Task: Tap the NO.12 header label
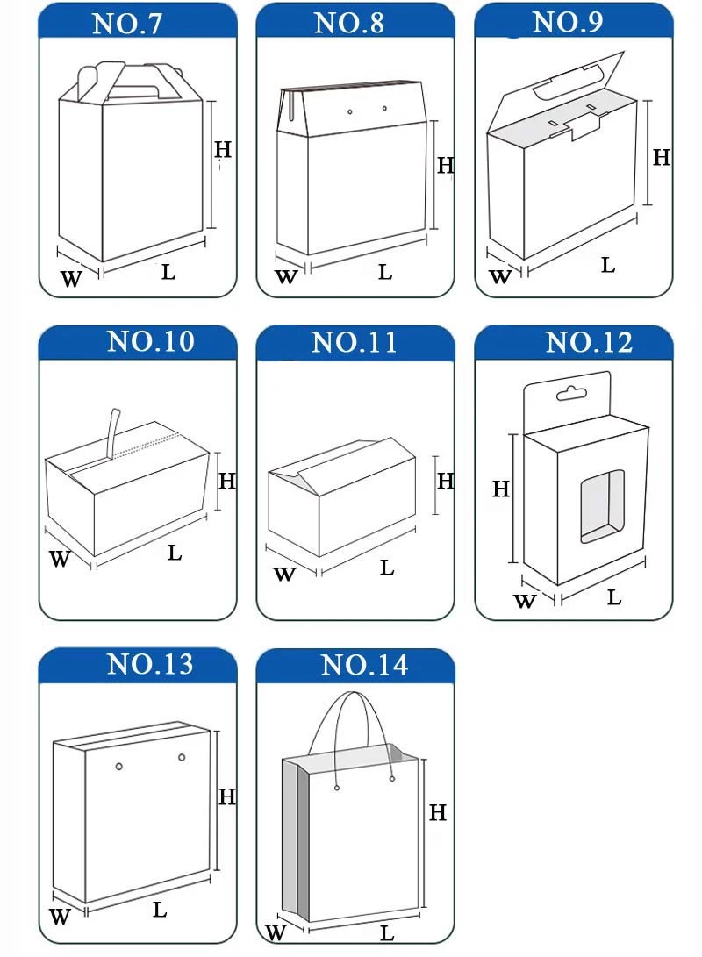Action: [x=588, y=343]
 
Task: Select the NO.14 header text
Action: [x=364, y=666]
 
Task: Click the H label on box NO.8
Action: [x=445, y=165]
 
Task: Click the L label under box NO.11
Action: [x=386, y=568]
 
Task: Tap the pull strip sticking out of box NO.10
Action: [x=111, y=431]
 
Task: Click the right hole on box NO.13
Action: [x=183, y=757]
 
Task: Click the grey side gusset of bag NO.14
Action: [x=297, y=842]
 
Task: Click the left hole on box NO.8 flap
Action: [x=350, y=112]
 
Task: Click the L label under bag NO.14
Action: [x=386, y=933]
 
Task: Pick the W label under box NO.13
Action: [x=59, y=918]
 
